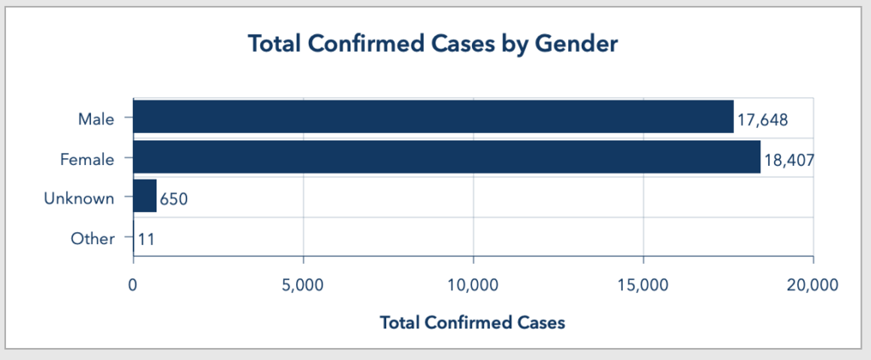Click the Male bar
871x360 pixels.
point(433,117)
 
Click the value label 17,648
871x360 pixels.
point(763,120)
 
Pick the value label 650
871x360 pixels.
point(174,200)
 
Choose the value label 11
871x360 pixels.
point(145,239)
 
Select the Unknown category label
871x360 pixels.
point(79,198)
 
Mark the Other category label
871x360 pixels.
point(93,238)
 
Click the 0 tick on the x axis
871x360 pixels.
point(134,285)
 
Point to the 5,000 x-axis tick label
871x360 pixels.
point(303,285)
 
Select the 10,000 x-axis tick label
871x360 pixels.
point(473,285)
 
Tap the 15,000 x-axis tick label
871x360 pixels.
point(643,285)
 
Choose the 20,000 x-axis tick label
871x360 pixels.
point(813,285)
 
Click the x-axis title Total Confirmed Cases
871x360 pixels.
point(473,323)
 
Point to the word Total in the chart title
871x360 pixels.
point(274,43)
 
